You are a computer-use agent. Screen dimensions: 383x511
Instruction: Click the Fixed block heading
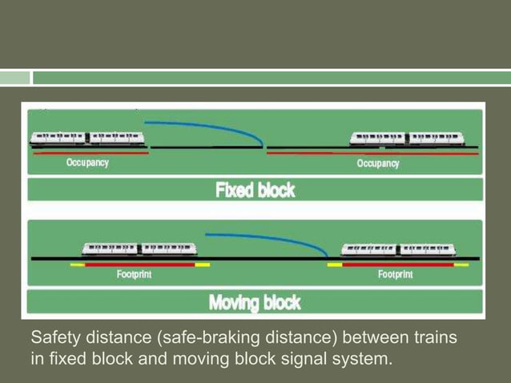click(255, 191)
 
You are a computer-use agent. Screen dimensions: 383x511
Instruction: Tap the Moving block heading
click(255, 302)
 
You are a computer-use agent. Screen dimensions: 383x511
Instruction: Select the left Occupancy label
click(87, 163)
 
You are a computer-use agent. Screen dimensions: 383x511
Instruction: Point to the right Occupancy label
click(378, 163)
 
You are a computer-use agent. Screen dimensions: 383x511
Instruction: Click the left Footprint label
click(134, 274)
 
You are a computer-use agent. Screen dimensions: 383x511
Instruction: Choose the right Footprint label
click(396, 274)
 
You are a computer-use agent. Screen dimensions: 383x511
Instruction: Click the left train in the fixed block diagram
click(87, 138)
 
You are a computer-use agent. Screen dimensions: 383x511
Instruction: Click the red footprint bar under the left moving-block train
click(140, 264)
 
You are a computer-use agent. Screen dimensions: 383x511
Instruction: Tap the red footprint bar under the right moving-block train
click(397, 264)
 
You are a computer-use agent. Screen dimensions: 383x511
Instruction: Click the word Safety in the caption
click(55, 338)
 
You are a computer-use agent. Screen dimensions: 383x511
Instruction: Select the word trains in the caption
click(433, 338)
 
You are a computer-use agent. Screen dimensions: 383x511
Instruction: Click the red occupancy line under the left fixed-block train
click(88, 154)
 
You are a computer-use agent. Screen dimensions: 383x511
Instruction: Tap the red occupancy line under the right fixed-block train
click(372, 153)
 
